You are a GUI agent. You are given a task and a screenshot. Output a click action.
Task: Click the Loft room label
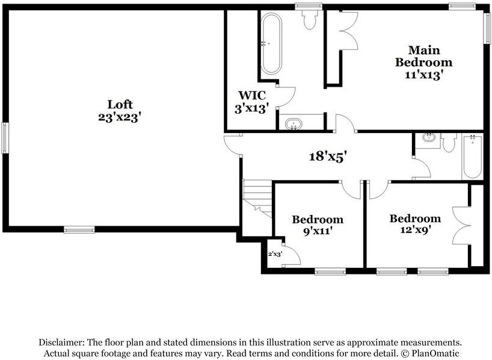(119, 111)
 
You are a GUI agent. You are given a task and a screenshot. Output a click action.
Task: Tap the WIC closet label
(252, 102)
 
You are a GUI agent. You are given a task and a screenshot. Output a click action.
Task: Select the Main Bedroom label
(423, 63)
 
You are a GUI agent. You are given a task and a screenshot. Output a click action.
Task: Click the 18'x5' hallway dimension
(328, 156)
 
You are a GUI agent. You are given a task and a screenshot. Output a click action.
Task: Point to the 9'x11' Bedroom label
(318, 225)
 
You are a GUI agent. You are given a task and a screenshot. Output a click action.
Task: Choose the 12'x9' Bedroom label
(415, 224)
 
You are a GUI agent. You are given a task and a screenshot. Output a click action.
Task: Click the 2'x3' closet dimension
(275, 254)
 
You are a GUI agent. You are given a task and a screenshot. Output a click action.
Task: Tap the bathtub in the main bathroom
(271, 44)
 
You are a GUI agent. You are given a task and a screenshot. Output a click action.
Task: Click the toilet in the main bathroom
(309, 19)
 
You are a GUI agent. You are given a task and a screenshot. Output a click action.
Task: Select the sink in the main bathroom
(294, 124)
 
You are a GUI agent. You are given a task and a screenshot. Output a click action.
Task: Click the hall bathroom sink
(428, 137)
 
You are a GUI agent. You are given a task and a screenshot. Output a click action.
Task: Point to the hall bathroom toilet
(449, 142)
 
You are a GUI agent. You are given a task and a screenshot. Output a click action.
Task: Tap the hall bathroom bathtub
(472, 156)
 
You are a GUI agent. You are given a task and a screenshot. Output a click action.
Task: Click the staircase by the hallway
(257, 198)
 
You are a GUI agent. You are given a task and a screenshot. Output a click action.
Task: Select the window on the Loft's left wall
(5, 138)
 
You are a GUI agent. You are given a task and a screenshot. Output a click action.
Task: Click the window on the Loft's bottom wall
(79, 229)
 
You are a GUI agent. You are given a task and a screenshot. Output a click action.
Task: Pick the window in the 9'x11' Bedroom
(330, 271)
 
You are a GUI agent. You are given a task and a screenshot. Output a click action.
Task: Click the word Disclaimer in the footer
(61, 343)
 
